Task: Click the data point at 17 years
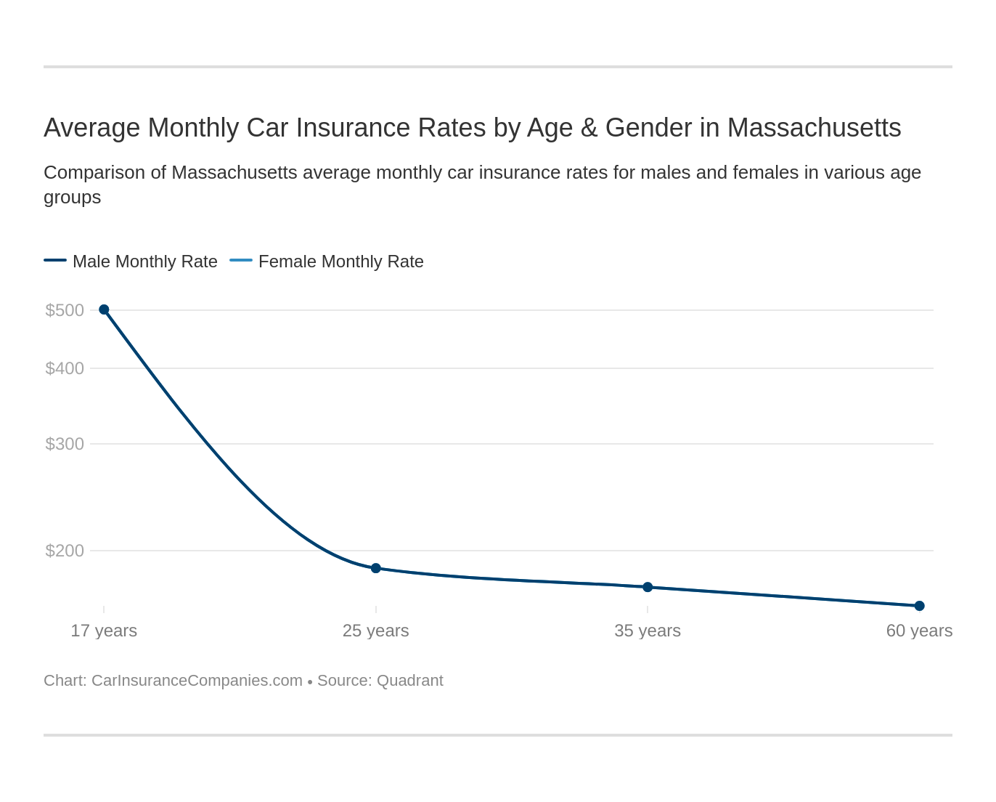[104, 309]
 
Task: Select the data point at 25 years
[376, 568]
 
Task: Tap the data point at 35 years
[648, 587]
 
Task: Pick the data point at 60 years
[919, 606]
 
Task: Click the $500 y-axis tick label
[65, 310]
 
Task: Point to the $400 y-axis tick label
[65, 368]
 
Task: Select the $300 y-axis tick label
[65, 444]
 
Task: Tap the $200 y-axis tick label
[65, 551]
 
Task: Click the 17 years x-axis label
[104, 631]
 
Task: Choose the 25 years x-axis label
[376, 631]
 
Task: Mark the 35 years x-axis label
[648, 631]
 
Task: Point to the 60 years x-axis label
[919, 631]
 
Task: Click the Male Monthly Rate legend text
[145, 262]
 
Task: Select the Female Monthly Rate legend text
[341, 262]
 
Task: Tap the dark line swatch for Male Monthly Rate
[55, 260]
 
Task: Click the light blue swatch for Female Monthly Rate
[241, 260]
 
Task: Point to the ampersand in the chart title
[589, 128]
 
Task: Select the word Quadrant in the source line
[409, 681]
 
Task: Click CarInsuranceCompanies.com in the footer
[197, 681]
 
